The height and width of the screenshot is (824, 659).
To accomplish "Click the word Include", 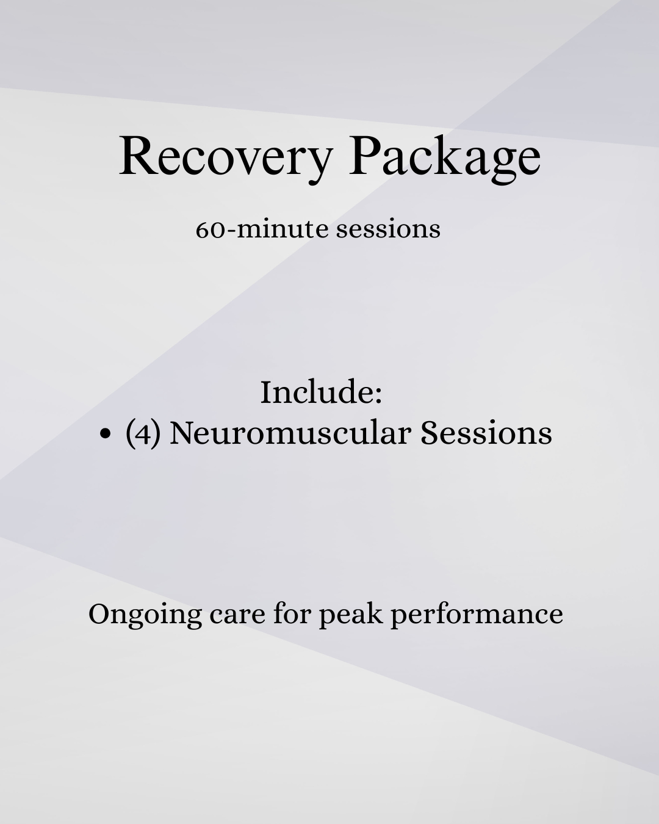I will (316, 392).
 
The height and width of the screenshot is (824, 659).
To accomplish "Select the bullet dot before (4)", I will (106, 433).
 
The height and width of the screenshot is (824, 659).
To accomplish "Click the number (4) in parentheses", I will (143, 433).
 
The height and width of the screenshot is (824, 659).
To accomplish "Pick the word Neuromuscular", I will (290, 433).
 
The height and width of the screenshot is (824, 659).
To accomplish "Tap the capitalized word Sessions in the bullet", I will (486, 433).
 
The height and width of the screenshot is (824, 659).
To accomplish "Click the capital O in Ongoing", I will (99, 613).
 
